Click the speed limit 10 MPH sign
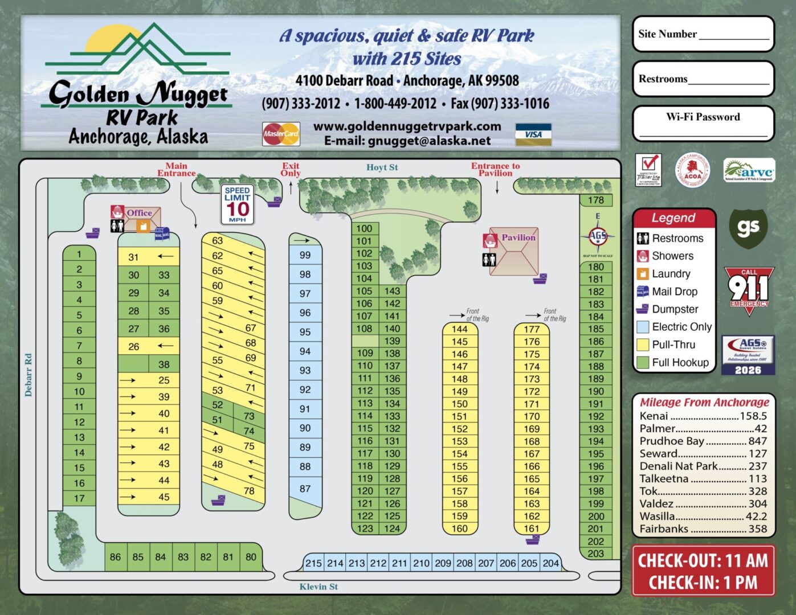coord(238,204)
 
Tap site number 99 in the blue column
coord(305,255)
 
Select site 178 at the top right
coord(596,200)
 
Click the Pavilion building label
coord(518,237)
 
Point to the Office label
coord(139,213)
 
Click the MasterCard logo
coord(281,134)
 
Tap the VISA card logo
coord(533,134)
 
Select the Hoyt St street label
coord(382,167)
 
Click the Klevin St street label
coord(319,587)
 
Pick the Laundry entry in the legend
coord(671,274)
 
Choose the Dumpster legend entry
coord(675,309)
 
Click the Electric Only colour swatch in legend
coord(643,327)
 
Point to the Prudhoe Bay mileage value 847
coord(757,441)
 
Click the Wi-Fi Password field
coord(703,131)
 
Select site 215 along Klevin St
coord(313,563)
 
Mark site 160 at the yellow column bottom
coord(460,528)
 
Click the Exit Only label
coord(291,169)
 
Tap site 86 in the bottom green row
coord(116,557)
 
